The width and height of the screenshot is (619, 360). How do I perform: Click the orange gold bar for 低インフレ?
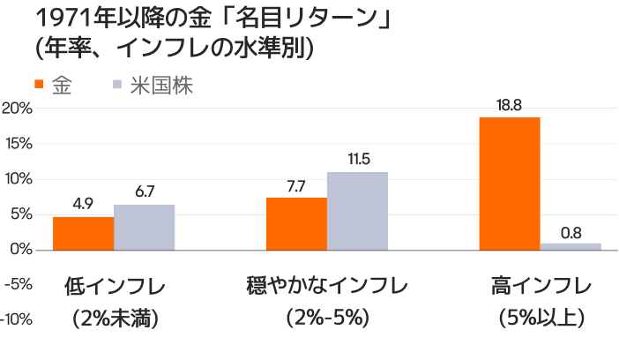pos(83,233)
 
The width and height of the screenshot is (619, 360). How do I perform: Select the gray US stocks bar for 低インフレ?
pos(144,227)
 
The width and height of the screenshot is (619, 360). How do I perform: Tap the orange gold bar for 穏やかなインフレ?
pos(296,223)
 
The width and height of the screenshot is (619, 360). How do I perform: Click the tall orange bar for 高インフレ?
pos(509,183)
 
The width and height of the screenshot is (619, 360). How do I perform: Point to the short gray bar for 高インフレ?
pos(571,246)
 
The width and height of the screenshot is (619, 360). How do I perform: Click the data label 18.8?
pos(509,105)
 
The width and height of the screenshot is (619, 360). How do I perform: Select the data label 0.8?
pos(571,232)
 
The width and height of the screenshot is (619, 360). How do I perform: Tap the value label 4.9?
pos(83,204)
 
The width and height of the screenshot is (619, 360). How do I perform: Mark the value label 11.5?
pos(358,160)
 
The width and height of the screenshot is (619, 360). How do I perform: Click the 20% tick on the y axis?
pos(18,109)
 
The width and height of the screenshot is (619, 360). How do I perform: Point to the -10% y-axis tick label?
pos(17,319)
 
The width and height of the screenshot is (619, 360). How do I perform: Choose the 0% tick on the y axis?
pos(21,250)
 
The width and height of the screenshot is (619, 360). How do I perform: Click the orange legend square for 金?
pos(40,86)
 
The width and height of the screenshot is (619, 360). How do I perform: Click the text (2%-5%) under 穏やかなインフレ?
pos(327,317)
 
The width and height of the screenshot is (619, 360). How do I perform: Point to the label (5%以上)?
pos(540,317)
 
